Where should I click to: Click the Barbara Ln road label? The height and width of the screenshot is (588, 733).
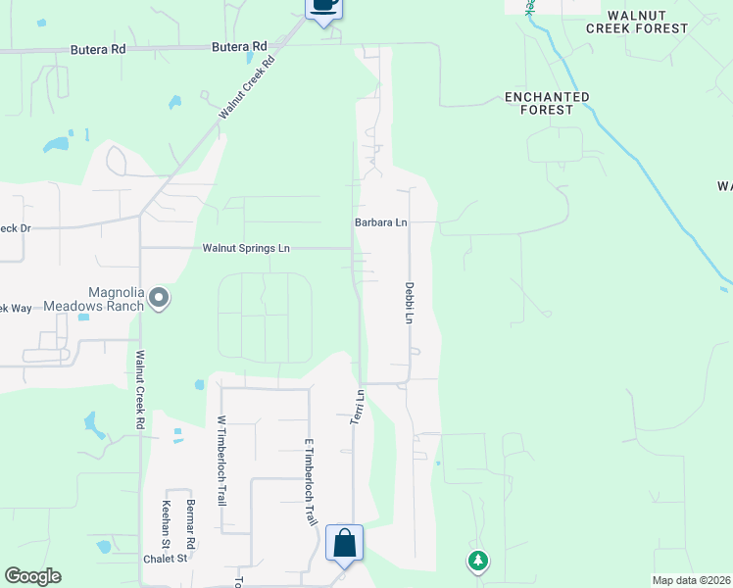coord(380,223)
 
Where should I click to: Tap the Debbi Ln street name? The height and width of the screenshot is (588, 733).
coord(410,303)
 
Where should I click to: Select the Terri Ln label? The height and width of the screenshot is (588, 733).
coord(358,407)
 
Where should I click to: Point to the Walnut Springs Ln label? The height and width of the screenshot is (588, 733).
coord(246,249)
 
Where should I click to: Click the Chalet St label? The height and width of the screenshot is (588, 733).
coord(166,559)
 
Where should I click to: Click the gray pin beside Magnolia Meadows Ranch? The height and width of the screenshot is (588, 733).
coord(159,298)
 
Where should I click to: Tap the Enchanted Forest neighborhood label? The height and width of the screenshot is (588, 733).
coord(547,103)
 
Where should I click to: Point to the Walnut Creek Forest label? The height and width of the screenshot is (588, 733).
coord(637,23)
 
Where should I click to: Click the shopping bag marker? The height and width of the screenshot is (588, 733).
coord(345,543)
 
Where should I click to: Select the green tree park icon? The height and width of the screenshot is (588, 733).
coord(477,561)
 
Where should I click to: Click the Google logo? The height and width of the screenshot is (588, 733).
coord(32,576)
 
